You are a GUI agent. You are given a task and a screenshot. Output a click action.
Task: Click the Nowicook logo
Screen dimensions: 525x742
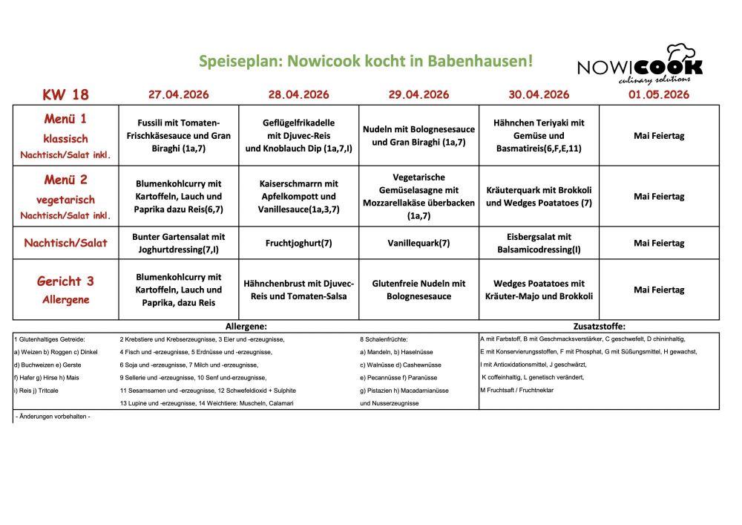(x=640, y=64)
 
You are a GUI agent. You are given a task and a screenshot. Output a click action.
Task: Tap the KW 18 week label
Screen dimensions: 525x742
(x=65, y=94)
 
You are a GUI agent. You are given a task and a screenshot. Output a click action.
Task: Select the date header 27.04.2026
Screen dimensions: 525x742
(x=178, y=94)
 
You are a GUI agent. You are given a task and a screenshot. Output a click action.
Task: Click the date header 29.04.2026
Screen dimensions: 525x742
(x=418, y=94)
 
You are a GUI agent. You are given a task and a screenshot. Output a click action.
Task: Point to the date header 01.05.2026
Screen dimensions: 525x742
(x=659, y=94)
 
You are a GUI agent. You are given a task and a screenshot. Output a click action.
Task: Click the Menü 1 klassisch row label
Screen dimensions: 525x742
(x=66, y=136)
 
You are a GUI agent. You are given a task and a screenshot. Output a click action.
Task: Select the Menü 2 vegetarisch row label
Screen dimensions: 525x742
(x=66, y=197)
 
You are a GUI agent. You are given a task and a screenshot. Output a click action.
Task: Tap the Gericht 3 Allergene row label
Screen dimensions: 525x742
(x=66, y=290)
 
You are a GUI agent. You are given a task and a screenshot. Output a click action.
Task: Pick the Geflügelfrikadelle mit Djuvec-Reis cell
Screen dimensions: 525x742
(x=298, y=136)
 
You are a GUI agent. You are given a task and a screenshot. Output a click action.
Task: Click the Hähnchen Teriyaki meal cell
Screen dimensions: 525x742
(x=539, y=136)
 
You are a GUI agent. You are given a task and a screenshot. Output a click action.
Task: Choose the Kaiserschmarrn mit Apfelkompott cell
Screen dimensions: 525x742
(x=298, y=197)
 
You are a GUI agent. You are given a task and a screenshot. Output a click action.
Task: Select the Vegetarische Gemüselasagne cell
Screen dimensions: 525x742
(x=418, y=197)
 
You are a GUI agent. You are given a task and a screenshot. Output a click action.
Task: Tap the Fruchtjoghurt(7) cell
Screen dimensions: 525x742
(x=298, y=243)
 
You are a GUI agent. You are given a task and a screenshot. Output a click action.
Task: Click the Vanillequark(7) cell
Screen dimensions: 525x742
(x=418, y=243)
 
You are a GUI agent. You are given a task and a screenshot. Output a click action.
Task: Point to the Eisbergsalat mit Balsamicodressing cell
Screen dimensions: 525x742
(x=539, y=243)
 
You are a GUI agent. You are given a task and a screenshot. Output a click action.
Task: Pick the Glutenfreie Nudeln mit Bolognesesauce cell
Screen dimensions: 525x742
(x=418, y=290)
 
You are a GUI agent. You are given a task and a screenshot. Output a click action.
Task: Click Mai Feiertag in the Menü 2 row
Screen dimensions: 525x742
(x=659, y=197)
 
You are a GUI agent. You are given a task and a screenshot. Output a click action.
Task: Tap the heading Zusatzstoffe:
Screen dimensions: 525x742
(x=600, y=326)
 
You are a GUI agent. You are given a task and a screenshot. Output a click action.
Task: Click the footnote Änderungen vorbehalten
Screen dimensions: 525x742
(x=53, y=417)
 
